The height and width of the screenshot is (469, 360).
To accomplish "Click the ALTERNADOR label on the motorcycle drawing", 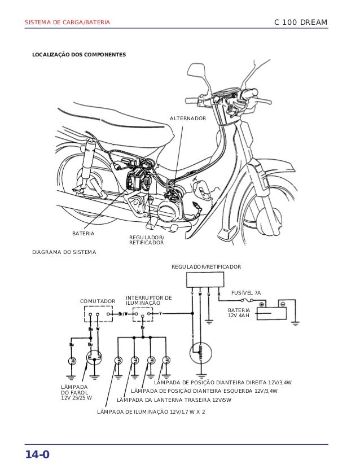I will (x=188, y=119).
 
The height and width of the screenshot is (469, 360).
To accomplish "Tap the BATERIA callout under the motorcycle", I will (x=83, y=233).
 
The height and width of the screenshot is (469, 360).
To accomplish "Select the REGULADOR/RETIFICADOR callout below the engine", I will (x=147, y=240).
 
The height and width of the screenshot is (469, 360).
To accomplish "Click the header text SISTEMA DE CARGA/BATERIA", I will (x=67, y=23).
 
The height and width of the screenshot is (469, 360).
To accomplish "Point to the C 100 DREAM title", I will (x=300, y=23).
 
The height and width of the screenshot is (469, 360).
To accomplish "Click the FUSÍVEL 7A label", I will (x=247, y=292).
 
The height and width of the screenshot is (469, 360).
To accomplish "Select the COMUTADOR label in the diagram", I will (x=97, y=301).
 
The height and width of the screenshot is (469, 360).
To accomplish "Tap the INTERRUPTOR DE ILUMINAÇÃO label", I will (x=148, y=300).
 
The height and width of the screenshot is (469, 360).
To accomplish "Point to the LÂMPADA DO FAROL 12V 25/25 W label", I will (x=76, y=392).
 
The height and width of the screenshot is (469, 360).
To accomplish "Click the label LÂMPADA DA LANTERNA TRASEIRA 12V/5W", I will (x=174, y=400).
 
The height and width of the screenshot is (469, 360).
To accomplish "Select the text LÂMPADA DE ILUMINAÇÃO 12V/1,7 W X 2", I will (x=151, y=412).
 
